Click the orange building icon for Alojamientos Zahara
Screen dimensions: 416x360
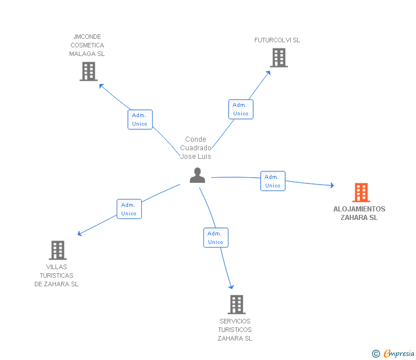click(x=361, y=193)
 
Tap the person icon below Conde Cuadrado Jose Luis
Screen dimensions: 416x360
click(x=197, y=175)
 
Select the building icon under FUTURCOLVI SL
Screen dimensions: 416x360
click(x=279, y=58)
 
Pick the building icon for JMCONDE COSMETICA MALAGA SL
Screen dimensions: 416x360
click(x=89, y=71)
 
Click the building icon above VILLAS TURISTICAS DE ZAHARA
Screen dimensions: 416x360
click(x=58, y=250)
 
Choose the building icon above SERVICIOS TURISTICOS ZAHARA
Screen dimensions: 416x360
click(x=237, y=305)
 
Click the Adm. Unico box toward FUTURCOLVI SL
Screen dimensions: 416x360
click(x=241, y=109)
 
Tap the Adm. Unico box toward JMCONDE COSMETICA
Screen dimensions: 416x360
click(x=140, y=119)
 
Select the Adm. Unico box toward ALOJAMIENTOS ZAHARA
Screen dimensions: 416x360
click(x=273, y=181)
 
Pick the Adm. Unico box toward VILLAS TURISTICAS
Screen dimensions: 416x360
click(x=129, y=209)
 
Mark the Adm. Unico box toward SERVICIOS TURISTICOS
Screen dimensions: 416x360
click(x=216, y=238)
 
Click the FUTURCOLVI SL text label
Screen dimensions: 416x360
click(x=277, y=40)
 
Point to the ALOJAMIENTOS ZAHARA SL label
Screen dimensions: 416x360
click(x=359, y=213)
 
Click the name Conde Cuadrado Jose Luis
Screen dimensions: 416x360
click(x=196, y=148)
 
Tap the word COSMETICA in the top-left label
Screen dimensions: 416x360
click(x=87, y=45)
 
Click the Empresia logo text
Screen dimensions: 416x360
click(x=399, y=353)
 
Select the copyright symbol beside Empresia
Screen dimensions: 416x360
click(x=376, y=354)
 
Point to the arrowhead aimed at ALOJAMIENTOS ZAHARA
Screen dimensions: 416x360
click(x=332, y=185)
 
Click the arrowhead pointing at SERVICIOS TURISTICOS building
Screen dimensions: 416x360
click(x=231, y=287)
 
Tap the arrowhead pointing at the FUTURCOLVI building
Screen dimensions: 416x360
click(x=268, y=73)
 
